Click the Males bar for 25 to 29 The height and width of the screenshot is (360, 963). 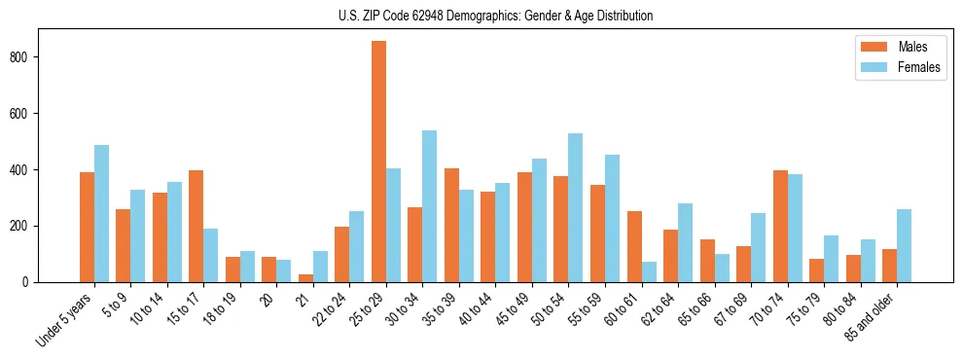[378, 162]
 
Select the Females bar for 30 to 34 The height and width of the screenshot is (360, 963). [430, 206]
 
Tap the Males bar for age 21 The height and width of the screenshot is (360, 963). [305, 278]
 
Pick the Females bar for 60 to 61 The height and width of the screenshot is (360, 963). [649, 271]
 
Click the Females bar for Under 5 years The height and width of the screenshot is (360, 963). [101, 214]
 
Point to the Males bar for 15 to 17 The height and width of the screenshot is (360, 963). [196, 227]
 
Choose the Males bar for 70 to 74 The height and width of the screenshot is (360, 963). [780, 227]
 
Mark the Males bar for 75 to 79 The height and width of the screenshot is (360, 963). [816, 270]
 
